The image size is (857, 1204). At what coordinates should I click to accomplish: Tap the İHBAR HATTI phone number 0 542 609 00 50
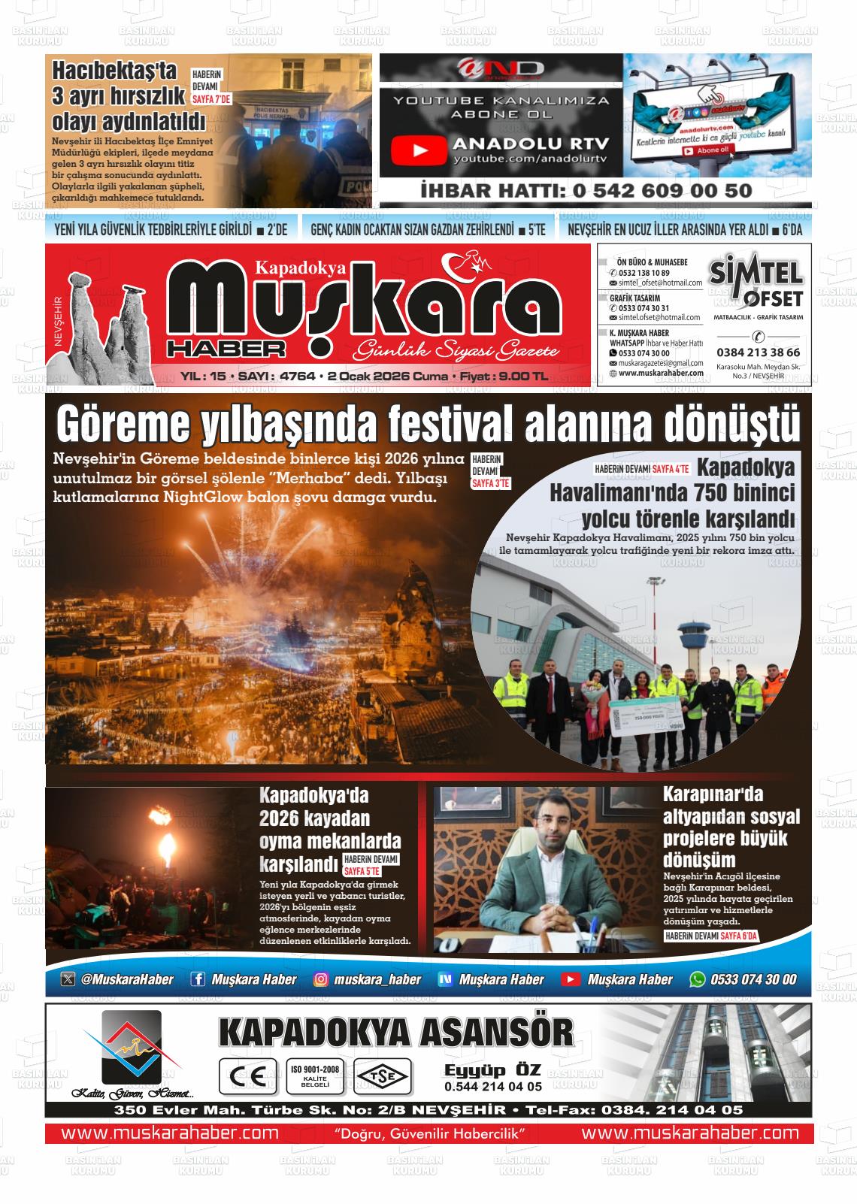[662, 191]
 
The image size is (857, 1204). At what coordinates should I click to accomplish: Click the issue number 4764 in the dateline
[296, 377]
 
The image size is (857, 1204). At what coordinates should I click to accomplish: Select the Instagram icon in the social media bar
[321, 979]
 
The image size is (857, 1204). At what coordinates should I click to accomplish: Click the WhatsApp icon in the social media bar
[698, 979]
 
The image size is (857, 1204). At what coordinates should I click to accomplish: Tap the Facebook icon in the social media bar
[198, 979]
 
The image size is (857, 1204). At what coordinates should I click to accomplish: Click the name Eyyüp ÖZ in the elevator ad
[492, 1070]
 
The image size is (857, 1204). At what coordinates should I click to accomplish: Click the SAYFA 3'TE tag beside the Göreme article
[491, 484]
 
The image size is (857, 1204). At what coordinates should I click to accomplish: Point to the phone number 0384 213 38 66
[758, 352]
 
